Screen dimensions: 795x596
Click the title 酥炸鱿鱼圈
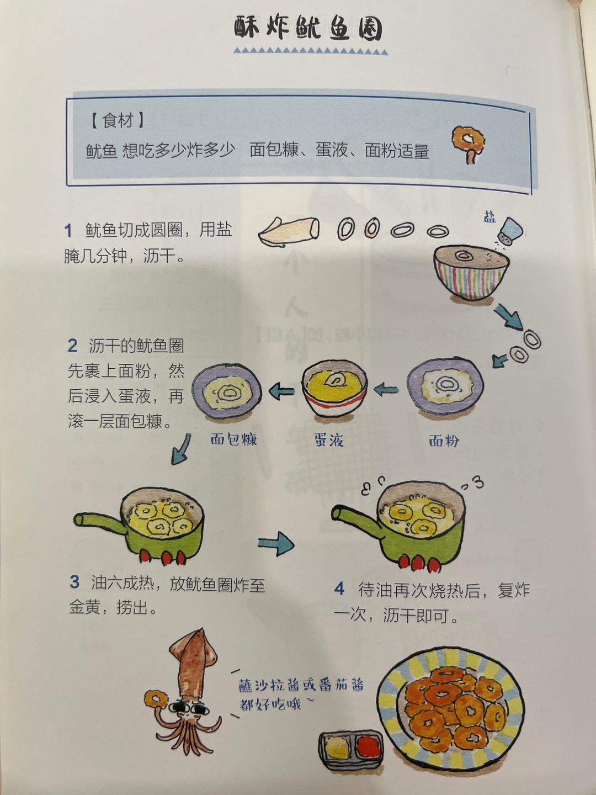click(x=308, y=28)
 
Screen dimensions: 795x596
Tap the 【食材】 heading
click(x=118, y=120)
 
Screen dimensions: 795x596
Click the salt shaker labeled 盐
click(x=509, y=231)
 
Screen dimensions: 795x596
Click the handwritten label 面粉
click(x=444, y=441)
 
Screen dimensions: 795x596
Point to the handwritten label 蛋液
click(x=329, y=440)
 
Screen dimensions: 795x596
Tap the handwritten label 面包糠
click(x=234, y=439)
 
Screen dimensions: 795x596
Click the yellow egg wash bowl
click(x=334, y=387)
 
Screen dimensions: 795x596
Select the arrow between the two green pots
click(x=276, y=543)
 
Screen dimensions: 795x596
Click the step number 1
click(x=68, y=230)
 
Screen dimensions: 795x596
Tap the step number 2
click(x=72, y=346)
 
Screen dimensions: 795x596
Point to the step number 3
click(x=74, y=582)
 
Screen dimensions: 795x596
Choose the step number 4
click(x=339, y=589)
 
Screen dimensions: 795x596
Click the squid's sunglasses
click(x=186, y=708)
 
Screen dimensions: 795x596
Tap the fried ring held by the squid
click(x=155, y=699)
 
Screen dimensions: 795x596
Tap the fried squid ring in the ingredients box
click(x=469, y=140)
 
